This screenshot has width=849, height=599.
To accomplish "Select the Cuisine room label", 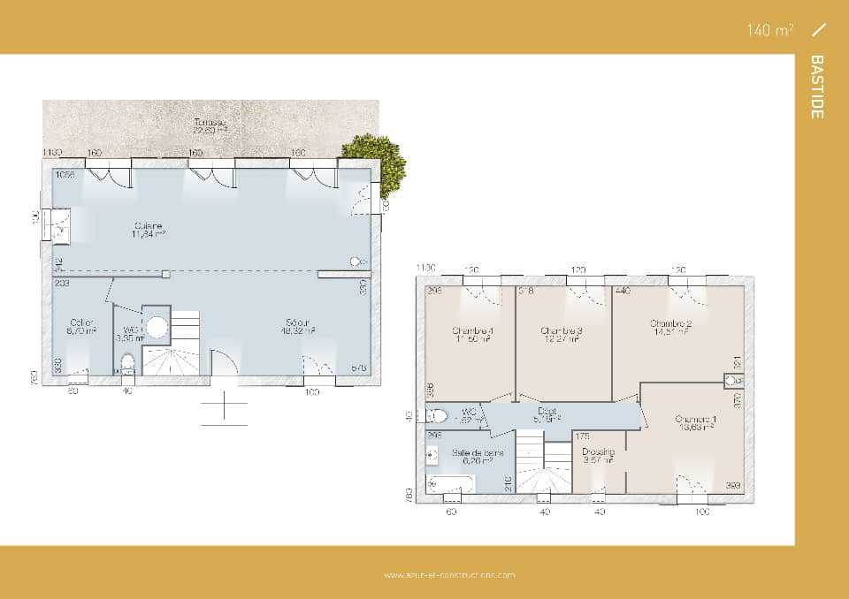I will (149, 229).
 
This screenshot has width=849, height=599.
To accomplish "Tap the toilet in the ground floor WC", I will (127, 363).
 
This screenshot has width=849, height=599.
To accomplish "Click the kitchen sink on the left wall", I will (60, 224).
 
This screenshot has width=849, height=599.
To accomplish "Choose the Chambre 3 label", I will (562, 335).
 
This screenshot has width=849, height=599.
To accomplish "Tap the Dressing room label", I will (598, 455).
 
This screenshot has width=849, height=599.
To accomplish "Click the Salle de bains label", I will (478, 456).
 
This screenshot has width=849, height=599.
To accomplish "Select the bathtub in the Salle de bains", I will (451, 483).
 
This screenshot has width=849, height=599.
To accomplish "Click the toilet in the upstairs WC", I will (436, 415).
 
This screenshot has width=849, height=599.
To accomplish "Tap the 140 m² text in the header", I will (769, 30).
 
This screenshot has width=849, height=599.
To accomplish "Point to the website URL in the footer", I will (449, 575).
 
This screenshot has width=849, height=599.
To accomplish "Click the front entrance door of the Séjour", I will (225, 365).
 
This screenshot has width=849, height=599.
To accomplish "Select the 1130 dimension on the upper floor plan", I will (427, 268).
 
